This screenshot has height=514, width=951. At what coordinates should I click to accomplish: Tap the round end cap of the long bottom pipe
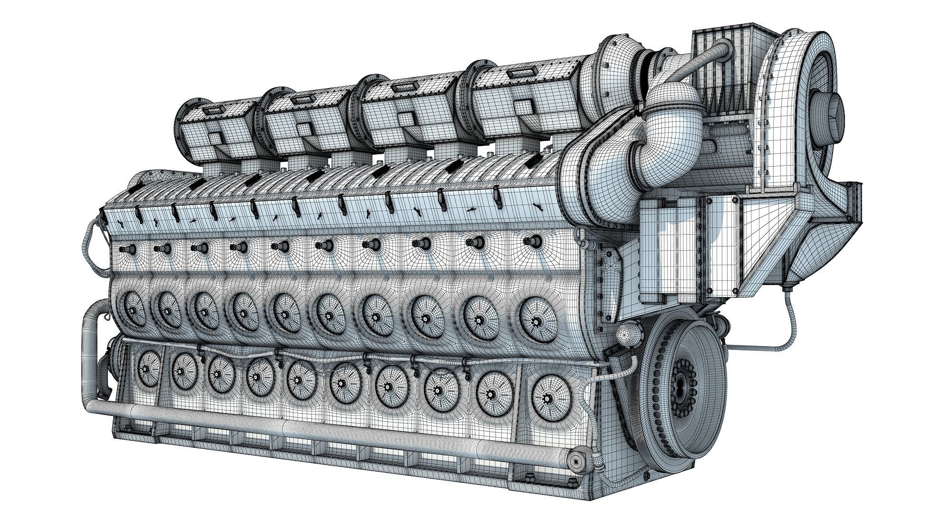pyautogui.click(x=577, y=461)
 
